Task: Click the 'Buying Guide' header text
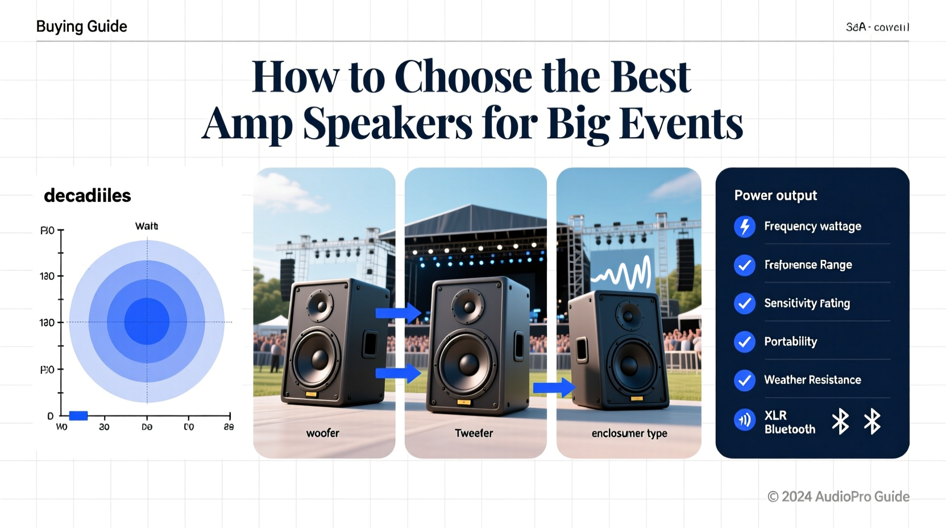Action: coord(81,27)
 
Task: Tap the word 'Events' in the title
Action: coord(681,123)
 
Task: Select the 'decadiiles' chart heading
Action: coord(87,196)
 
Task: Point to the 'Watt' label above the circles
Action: coord(146,226)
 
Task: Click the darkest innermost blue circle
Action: coord(147,321)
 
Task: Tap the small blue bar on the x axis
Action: coord(78,416)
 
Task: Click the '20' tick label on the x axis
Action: coord(104,427)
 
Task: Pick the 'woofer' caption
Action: coord(322,433)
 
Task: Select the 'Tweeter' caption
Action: coord(474,433)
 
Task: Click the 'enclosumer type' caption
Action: coord(629,434)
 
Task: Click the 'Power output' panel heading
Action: coord(775,196)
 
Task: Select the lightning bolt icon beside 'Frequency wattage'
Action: coord(744,226)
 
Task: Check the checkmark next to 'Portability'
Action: coord(744,342)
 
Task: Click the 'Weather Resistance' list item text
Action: coord(812,380)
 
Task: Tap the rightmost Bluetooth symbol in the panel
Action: coord(872,422)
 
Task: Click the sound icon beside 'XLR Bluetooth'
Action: coord(744,421)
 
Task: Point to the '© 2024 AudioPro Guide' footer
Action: coord(838,497)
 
